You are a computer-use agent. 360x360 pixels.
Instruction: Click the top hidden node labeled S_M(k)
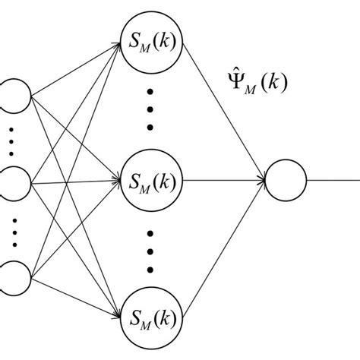tap(151, 35)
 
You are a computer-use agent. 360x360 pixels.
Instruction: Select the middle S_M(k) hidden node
tap(151, 182)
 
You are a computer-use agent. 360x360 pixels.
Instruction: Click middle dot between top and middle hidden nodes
tap(151, 109)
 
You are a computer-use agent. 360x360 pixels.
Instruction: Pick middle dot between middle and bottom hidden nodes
tap(151, 252)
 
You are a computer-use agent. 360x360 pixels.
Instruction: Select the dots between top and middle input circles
tap(12, 140)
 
